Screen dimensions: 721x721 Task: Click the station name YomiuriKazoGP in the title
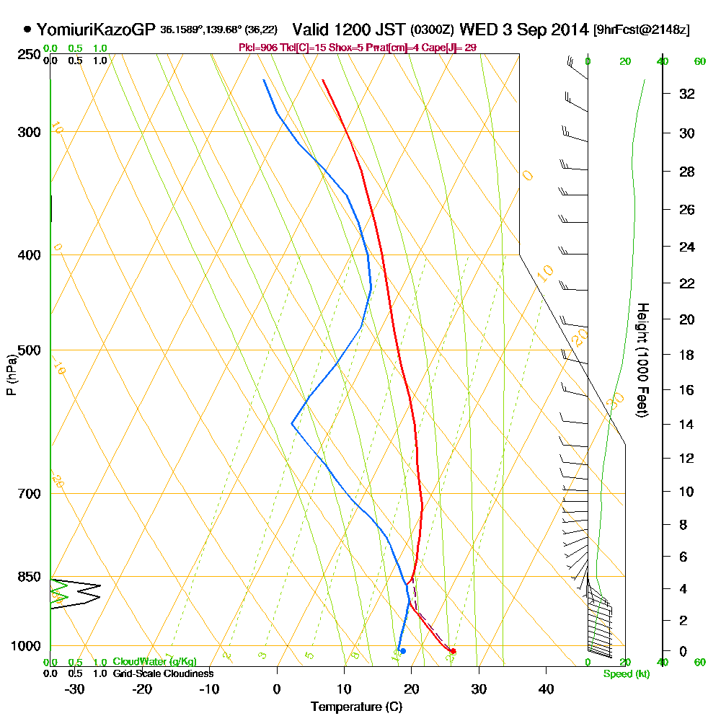(96, 30)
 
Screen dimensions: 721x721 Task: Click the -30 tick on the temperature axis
(75, 689)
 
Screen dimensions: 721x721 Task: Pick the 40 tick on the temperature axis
(546, 689)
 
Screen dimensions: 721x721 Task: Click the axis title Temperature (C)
(356, 707)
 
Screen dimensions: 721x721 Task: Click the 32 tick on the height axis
(687, 94)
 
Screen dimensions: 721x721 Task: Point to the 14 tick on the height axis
(687, 424)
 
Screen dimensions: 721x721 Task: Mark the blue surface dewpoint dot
(402, 651)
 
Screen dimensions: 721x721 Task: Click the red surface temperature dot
(453, 651)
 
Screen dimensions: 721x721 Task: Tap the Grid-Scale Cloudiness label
(163, 673)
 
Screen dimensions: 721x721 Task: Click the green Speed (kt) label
(625, 673)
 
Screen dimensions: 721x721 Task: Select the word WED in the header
(477, 30)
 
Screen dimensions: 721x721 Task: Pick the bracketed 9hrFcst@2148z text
(641, 30)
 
